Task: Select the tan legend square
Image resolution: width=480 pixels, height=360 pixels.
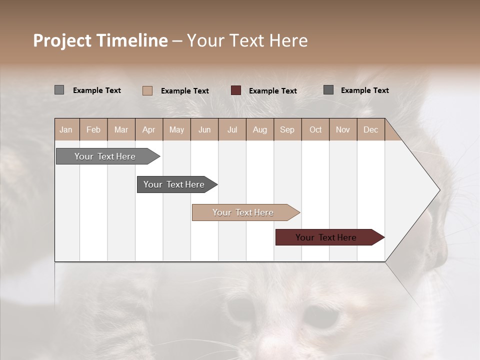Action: point(147,90)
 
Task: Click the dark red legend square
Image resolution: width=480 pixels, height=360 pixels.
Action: point(236,90)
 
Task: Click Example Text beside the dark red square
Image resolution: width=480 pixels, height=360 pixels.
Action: point(272,91)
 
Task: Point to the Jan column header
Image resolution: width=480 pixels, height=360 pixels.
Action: point(66,130)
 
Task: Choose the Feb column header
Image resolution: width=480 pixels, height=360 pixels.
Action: point(93,130)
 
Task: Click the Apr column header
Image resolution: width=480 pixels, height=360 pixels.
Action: point(148,130)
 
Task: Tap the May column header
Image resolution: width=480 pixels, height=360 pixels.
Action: point(176,130)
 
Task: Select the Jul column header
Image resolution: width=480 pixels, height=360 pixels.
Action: point(232,130)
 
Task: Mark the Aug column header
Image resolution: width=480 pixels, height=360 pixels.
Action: point(259,130)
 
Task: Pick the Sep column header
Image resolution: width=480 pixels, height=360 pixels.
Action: point(287,130)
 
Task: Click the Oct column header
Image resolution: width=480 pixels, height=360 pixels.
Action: point(315,130)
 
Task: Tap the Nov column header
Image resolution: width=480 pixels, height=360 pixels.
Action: point(343,130)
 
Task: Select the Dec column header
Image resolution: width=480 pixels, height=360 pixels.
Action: point(370,130)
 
